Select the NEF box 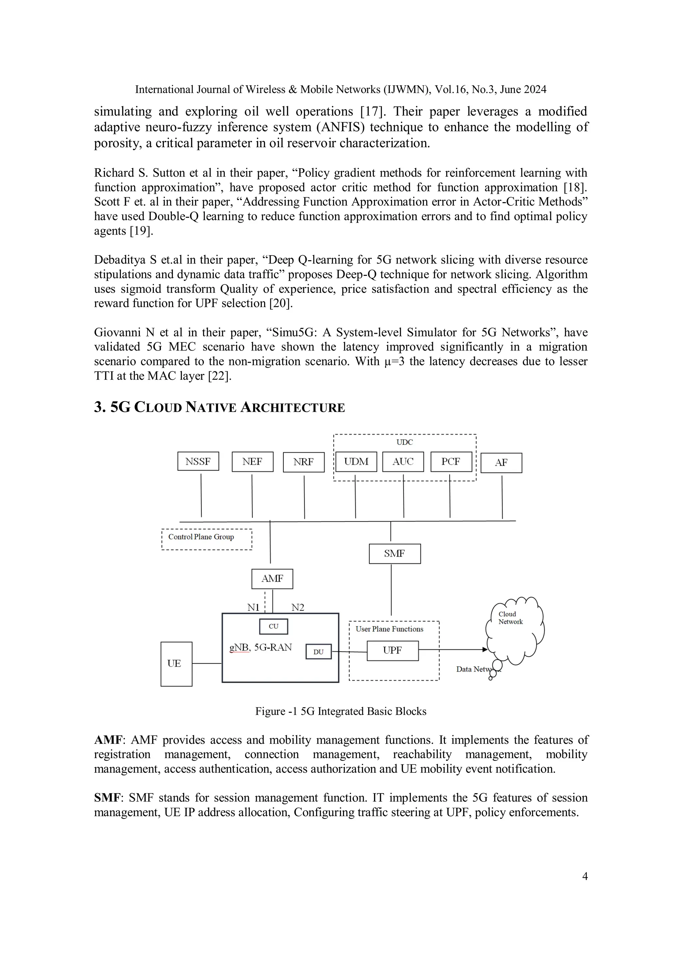[x=252, y=461]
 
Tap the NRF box [x=303, y=462]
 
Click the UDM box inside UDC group [x=356, y=461]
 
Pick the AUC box [x=403, y=461]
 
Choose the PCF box [x=451, y=461]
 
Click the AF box [x=501, y=463]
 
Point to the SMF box [x=394, y=554]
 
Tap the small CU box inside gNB [x=273, y=626]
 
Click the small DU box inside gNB [x=318, y=652]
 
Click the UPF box [x=393, y=651]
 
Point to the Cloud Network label [x=510, y=618]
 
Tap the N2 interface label [x=297, y=607]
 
